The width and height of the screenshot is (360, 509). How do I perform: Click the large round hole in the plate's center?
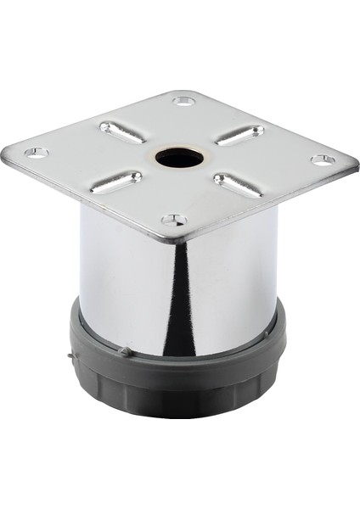point(179,158)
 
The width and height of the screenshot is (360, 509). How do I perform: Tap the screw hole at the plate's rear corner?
point(184,101)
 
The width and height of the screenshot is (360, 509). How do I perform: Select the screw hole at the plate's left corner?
point(35,153)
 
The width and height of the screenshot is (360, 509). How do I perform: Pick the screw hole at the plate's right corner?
point(322,159)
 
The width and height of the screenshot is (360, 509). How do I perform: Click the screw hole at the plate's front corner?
point(174,220)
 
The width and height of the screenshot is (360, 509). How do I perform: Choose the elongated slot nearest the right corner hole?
point(239,135)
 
